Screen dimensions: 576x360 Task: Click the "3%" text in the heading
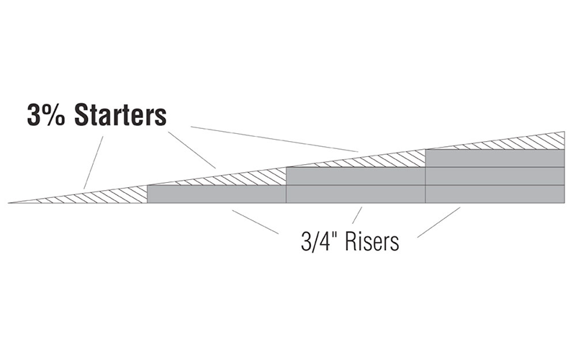click(x=46, y=115)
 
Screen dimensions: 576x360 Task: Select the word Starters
click(x=120, y=115)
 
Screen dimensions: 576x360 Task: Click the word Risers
click(x=372, y=242)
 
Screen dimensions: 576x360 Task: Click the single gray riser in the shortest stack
click(x=217, y=194)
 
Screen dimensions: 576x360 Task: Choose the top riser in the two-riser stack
click(x=356, y=176)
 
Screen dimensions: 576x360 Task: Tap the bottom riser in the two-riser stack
click(x=356, y=194)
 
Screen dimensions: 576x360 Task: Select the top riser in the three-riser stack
click(x=495, y=158)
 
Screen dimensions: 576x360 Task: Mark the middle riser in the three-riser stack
click(x=495, y=176)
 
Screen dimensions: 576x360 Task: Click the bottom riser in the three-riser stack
click(x=495, y=194)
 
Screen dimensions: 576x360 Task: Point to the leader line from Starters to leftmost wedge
click(x=94, y=163)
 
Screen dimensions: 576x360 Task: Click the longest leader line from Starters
click(x=274, y=139)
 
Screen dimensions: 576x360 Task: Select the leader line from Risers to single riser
click(x=255, y=222)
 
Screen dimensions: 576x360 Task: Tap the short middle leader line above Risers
click(x=357, y=215)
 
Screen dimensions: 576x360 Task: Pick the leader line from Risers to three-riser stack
click(x=438, y=222)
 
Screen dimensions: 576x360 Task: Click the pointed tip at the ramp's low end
click(x=9, y=203)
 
